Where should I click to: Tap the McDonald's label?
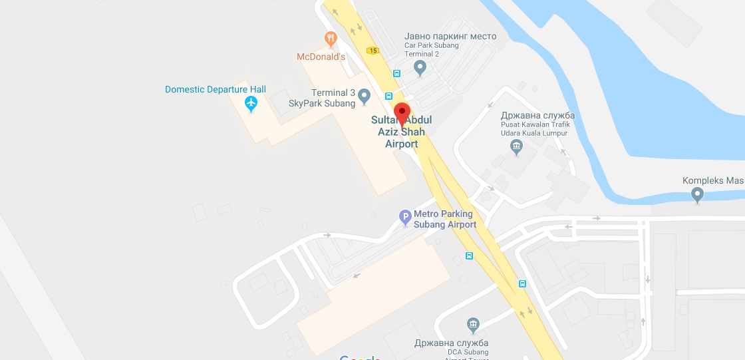pos(321,57)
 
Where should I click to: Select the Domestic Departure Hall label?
pos(216,89)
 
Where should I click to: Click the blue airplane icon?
pos(251,104)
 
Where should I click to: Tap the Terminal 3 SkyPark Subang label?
pos(321,98)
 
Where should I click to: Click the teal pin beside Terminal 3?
pos(364,98)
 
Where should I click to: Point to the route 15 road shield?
pos(372,51)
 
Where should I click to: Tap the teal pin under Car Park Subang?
pos(420,67)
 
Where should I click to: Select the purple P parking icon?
pos(404,217)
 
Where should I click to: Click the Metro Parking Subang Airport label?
pos(444,219)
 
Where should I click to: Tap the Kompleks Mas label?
pos(712,180)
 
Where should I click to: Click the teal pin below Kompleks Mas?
pos(697,195)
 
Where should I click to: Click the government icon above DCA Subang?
pos(473,325)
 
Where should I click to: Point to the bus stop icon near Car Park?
pos(397,74)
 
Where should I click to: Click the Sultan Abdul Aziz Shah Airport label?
pos(402,132)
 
